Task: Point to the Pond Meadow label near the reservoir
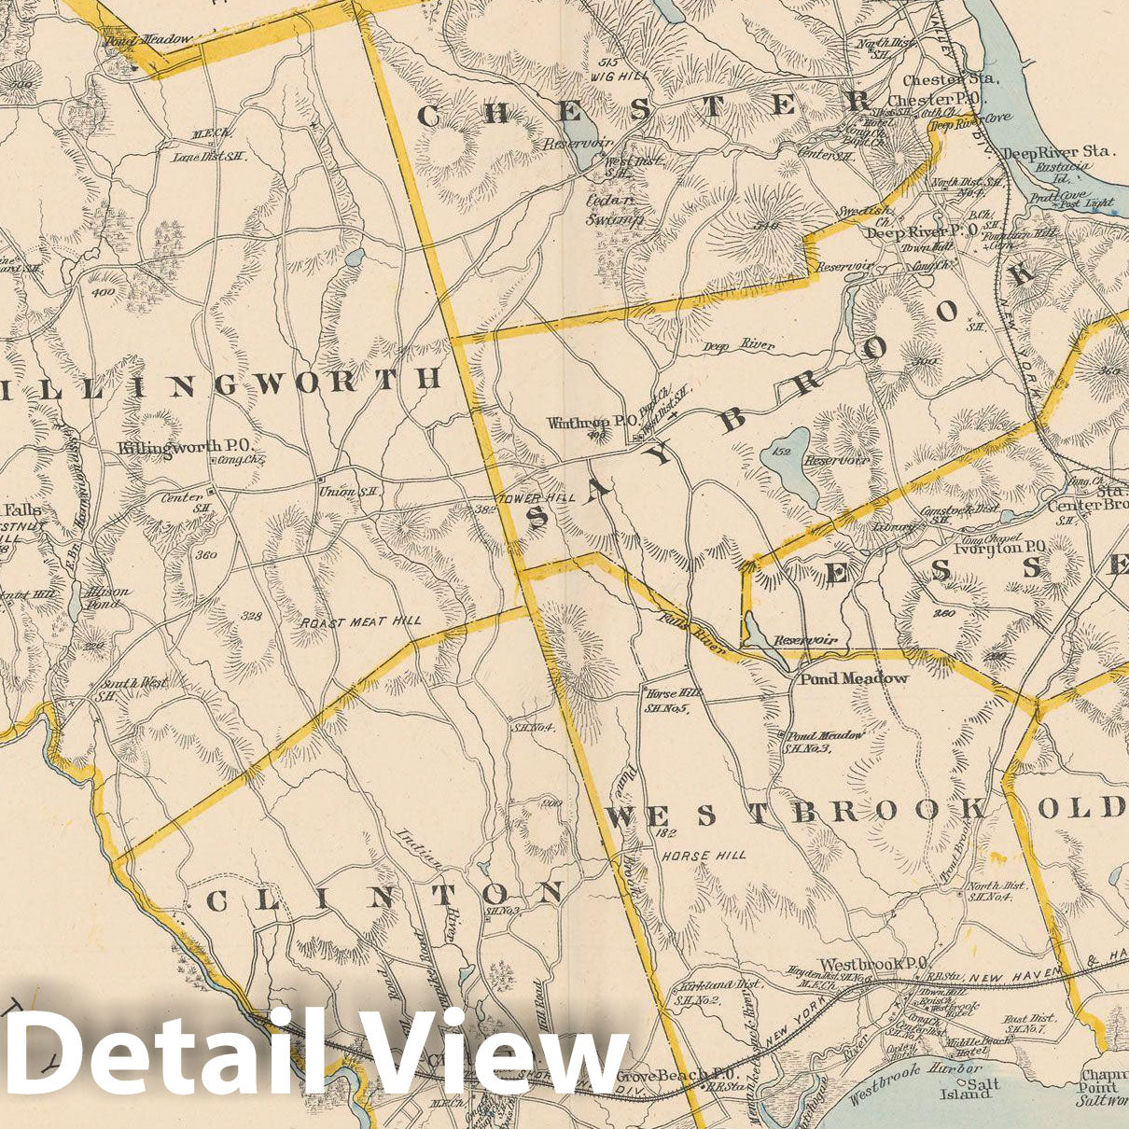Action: tap(853, 678)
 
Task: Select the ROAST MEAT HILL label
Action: tap(361, 620)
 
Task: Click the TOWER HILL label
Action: tap(538, 498)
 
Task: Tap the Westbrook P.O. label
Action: tap(871, 963)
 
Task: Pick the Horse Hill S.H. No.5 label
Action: tap(666, 701)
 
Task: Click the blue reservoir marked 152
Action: tap(786, 452)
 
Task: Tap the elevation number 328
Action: tap(250, 617)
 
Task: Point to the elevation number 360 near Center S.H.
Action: tap(206, 555)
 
